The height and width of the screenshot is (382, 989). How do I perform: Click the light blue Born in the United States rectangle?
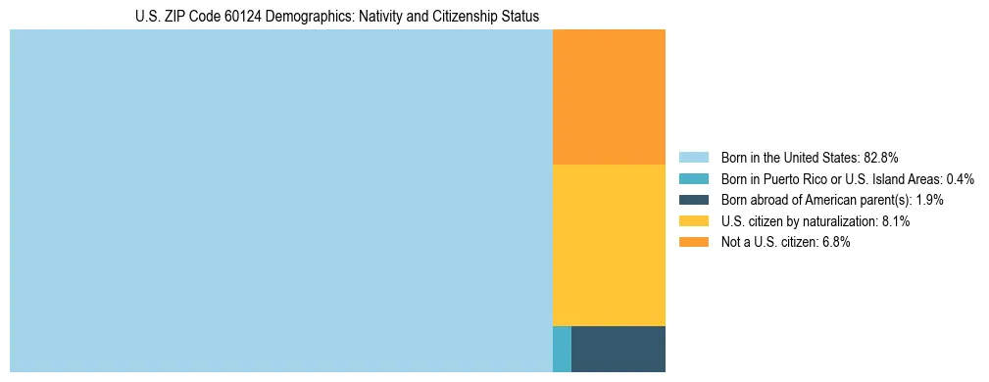281,201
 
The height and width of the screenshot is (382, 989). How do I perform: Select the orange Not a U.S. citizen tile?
609,97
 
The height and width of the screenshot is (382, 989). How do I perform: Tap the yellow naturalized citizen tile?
609,245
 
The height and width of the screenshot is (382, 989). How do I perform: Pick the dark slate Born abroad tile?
618,349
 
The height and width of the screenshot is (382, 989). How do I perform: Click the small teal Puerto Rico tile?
562,349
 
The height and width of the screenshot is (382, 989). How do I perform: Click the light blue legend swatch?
693,158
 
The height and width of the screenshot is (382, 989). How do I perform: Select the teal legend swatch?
693,179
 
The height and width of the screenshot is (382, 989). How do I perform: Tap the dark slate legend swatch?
693,200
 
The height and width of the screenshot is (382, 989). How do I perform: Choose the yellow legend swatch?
693,221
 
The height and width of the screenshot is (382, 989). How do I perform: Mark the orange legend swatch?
693,242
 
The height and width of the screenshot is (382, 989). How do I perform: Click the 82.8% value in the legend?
881,158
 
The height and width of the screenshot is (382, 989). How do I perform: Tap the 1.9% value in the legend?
930,200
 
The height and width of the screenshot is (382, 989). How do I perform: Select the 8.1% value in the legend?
896,221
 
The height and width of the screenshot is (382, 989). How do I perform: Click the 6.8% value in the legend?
836,242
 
